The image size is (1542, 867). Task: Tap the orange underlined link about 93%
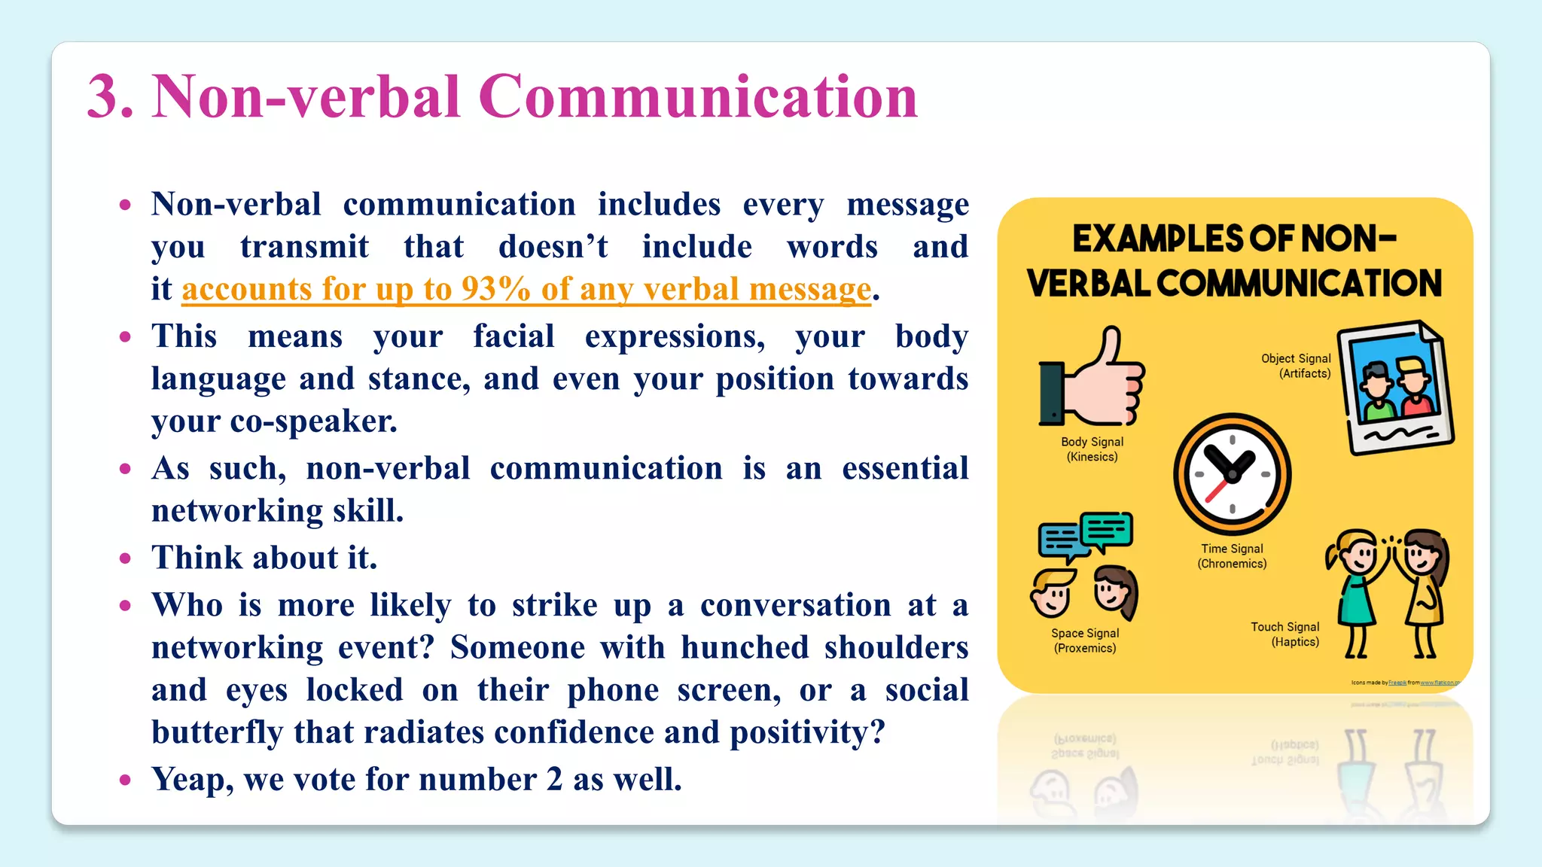tap(526, 289)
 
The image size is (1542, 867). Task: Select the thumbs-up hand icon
tap(1093, 379)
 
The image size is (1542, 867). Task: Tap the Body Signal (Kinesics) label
tap(1092, 449)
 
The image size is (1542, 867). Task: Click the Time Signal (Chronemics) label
tap(1232, 556)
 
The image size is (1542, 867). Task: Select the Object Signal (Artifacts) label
tap(1296, 366)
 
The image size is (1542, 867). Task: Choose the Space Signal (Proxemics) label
tap(1085, 640)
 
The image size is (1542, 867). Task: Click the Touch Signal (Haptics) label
tap(1285, 634)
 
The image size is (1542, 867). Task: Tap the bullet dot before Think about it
tap(126, 558)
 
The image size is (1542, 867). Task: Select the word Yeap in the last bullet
tap(192, 780)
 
